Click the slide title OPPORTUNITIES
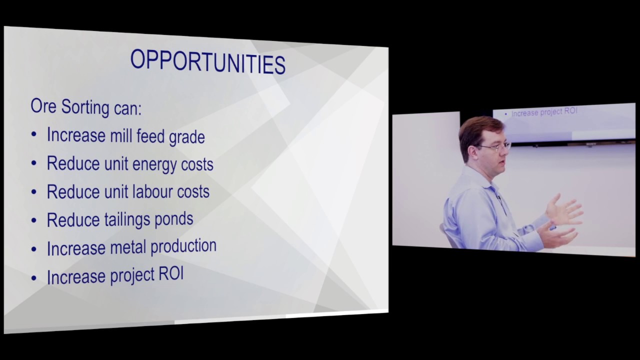207,62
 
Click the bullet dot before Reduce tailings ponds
34,220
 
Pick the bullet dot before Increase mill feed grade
34,135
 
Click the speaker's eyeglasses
494,146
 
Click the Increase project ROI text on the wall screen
543,112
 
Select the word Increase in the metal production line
71,248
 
